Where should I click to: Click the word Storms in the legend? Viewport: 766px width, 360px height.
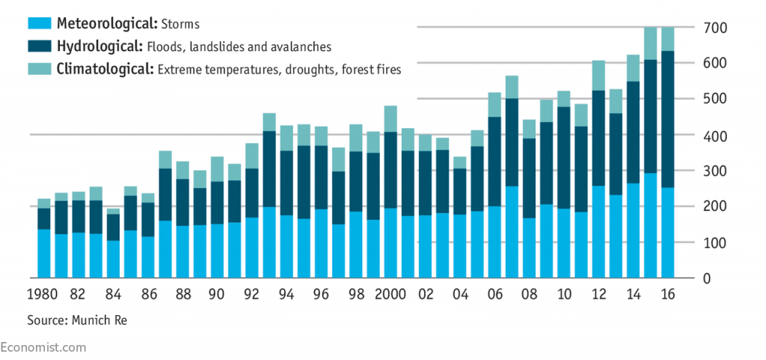pyautogui.click(x=180, y=24)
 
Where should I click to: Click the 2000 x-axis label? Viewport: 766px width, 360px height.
pyautogui.click(x=390, y=295)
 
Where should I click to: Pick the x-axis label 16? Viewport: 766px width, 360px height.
pyautogui.click(x=668, y=295)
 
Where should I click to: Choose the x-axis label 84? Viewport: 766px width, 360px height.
pyautogui.click(x=113, y=295)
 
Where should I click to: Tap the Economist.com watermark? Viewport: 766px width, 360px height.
pyautogui.click(x=43, y=347)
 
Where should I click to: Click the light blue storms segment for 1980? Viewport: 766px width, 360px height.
pyautogui.click(x=44, y=254)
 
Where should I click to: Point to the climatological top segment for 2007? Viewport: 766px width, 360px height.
pyautogui.click(x=512, y=87)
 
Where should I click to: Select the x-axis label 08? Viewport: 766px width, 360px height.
pyautogui.click(x=529, y=295)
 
